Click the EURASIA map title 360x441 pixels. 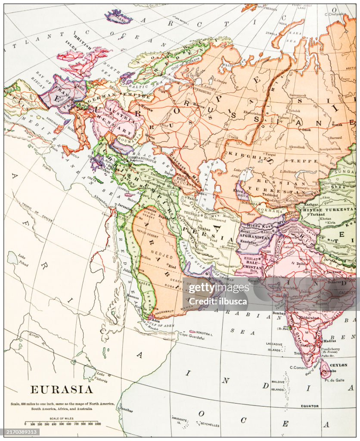tap(61, 390)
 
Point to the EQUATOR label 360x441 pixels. tap(310, 406)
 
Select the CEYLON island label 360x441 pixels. tap(338, 365)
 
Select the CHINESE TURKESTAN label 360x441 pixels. tap(328, 209)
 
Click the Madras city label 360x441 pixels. tap(329, 341)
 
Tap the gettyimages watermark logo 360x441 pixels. tap(219, 288)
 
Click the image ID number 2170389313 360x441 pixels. tap(20, 432)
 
